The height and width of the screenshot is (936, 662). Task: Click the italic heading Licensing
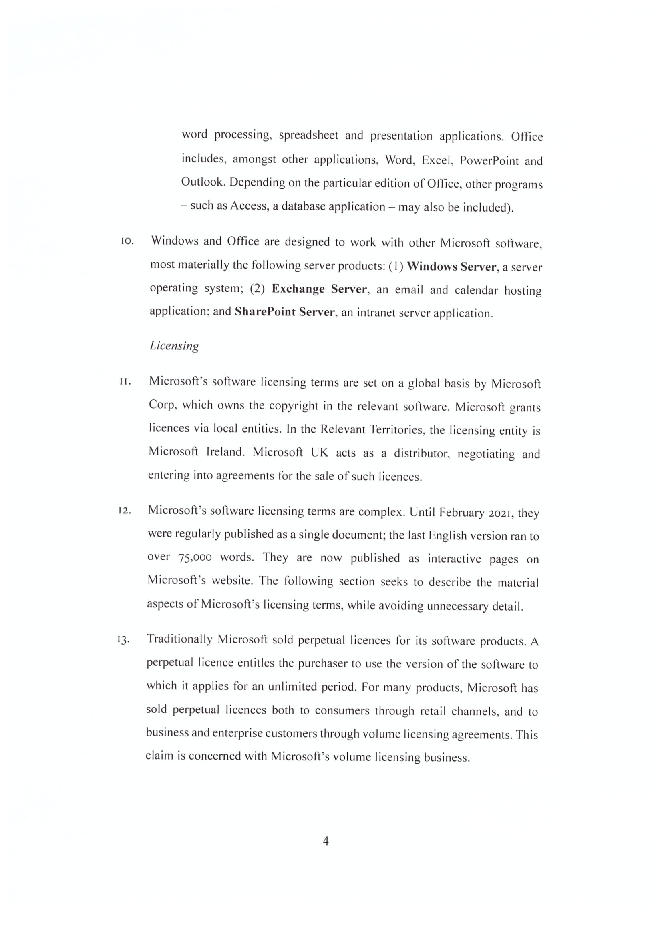coord(174,346)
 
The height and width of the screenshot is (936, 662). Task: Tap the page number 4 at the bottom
coord(326,841)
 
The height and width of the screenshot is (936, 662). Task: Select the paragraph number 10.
coord(127,241)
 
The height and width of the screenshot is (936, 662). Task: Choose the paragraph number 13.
coord(124,640)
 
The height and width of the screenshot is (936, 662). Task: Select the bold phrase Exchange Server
coord(319,289)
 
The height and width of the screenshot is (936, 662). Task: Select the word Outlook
coord(203,182)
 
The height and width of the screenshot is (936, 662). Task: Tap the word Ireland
coord(225,452)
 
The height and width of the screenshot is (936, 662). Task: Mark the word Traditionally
coord(179,639)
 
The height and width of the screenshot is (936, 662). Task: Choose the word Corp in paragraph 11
coord(161,405)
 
